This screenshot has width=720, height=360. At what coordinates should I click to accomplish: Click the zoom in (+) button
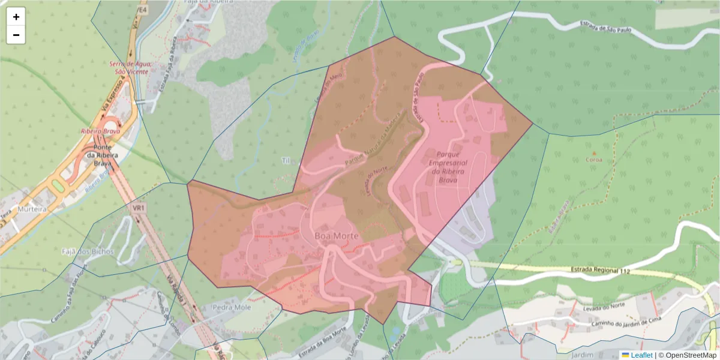(16, 17)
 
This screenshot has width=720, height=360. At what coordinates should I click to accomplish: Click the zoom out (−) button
(16, 35)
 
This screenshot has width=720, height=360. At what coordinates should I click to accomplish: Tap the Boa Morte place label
(336, 236)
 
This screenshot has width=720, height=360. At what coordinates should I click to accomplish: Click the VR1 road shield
(139, 208)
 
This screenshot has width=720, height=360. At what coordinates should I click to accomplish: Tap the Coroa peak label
(595, 160)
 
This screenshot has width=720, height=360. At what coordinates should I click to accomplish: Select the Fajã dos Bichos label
(88, 251)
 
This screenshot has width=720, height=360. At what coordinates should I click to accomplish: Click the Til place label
(286, 160)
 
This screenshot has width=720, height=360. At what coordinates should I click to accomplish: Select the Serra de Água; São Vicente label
(130, 67)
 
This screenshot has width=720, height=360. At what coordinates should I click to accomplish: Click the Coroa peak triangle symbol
(595, 153)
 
